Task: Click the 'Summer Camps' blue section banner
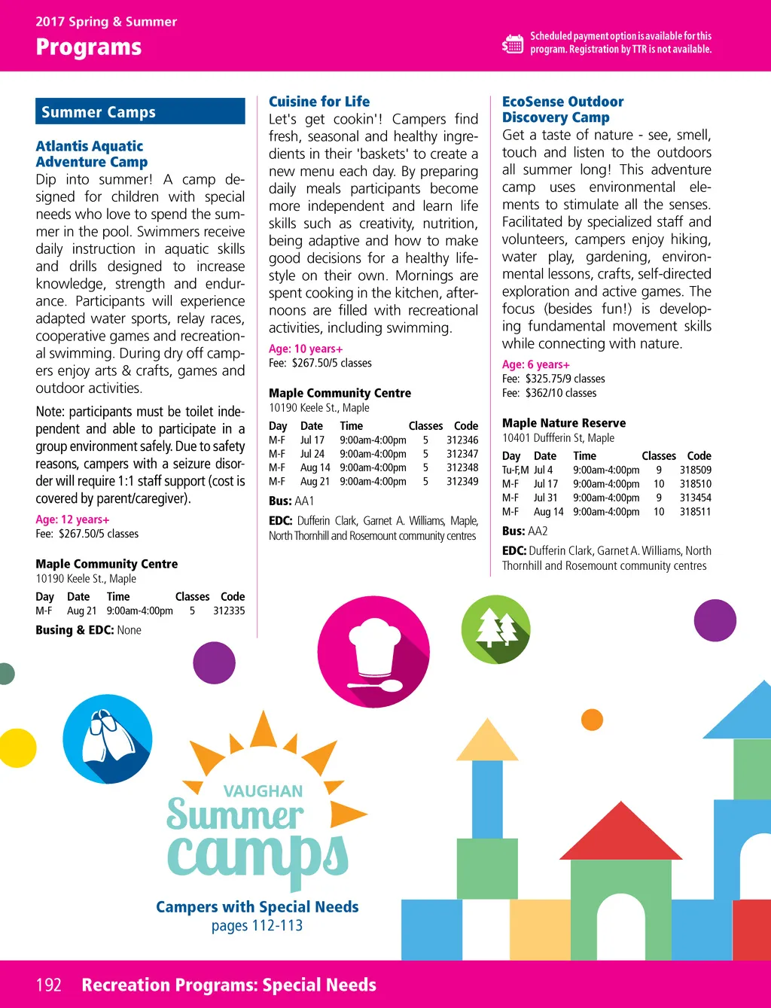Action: tap(140, 111)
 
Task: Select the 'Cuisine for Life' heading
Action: tap(319, 102)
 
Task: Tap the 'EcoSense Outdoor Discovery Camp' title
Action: tap(562, 109)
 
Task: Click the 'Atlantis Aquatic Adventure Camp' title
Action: tap(91, 154)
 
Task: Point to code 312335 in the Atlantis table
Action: tap(229, 611)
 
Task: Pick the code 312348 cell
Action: tap(462, 467)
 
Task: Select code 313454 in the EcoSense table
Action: tap(695, 498)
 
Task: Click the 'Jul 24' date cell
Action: tap(312, 454)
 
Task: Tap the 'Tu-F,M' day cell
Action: tap(516, 470)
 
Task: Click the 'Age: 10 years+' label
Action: tap(306, 349)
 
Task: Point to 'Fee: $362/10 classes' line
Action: tap(549, 393)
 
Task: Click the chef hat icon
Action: tap(373, 653)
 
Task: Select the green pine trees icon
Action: tap(495, 629)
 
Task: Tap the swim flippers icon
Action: tap(108, 738)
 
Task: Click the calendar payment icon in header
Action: tap(513, 44)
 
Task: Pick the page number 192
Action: tap(49, 985)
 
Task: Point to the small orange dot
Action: tap(593, 720)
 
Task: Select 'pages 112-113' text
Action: tap(257, 925)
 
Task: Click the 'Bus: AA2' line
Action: tap(525, 531)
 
